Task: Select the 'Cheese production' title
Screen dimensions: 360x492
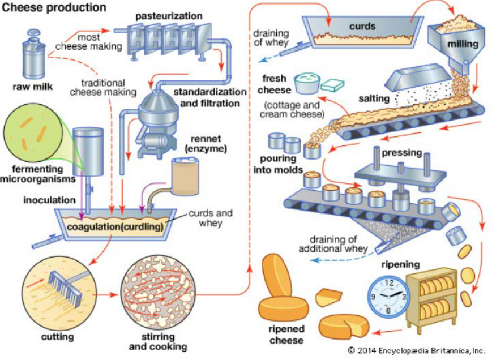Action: (x=54, y=8)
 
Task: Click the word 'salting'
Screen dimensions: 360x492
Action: (x=374, y=98)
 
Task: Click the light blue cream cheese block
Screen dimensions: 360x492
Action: (x=332, y=85)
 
